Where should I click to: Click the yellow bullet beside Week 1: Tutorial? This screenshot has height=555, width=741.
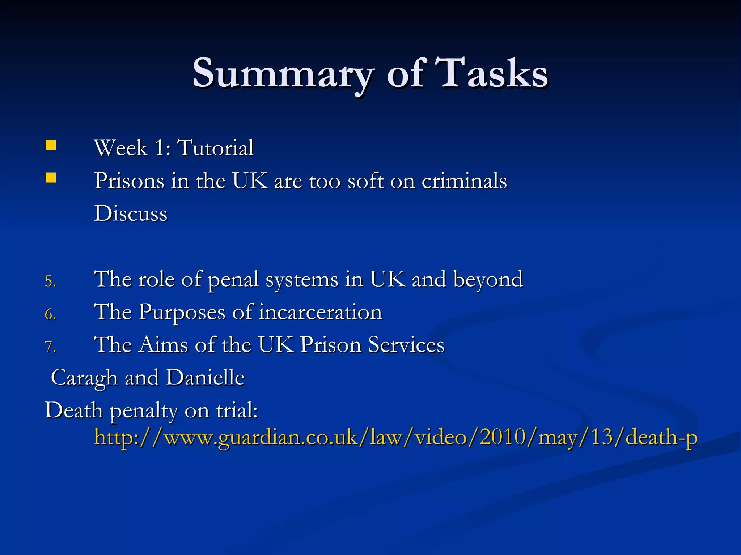tap(51, 145)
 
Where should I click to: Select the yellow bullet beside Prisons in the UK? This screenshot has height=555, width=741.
tap(51, 178)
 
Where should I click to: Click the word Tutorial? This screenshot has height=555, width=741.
tap(216, 148)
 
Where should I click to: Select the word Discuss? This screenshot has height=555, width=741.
tap(131, 213)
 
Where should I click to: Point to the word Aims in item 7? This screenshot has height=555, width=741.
tap(163, 345)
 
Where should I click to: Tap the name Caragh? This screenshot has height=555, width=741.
tap(84, 378)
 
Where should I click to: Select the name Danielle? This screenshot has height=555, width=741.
tap(205, 378)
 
